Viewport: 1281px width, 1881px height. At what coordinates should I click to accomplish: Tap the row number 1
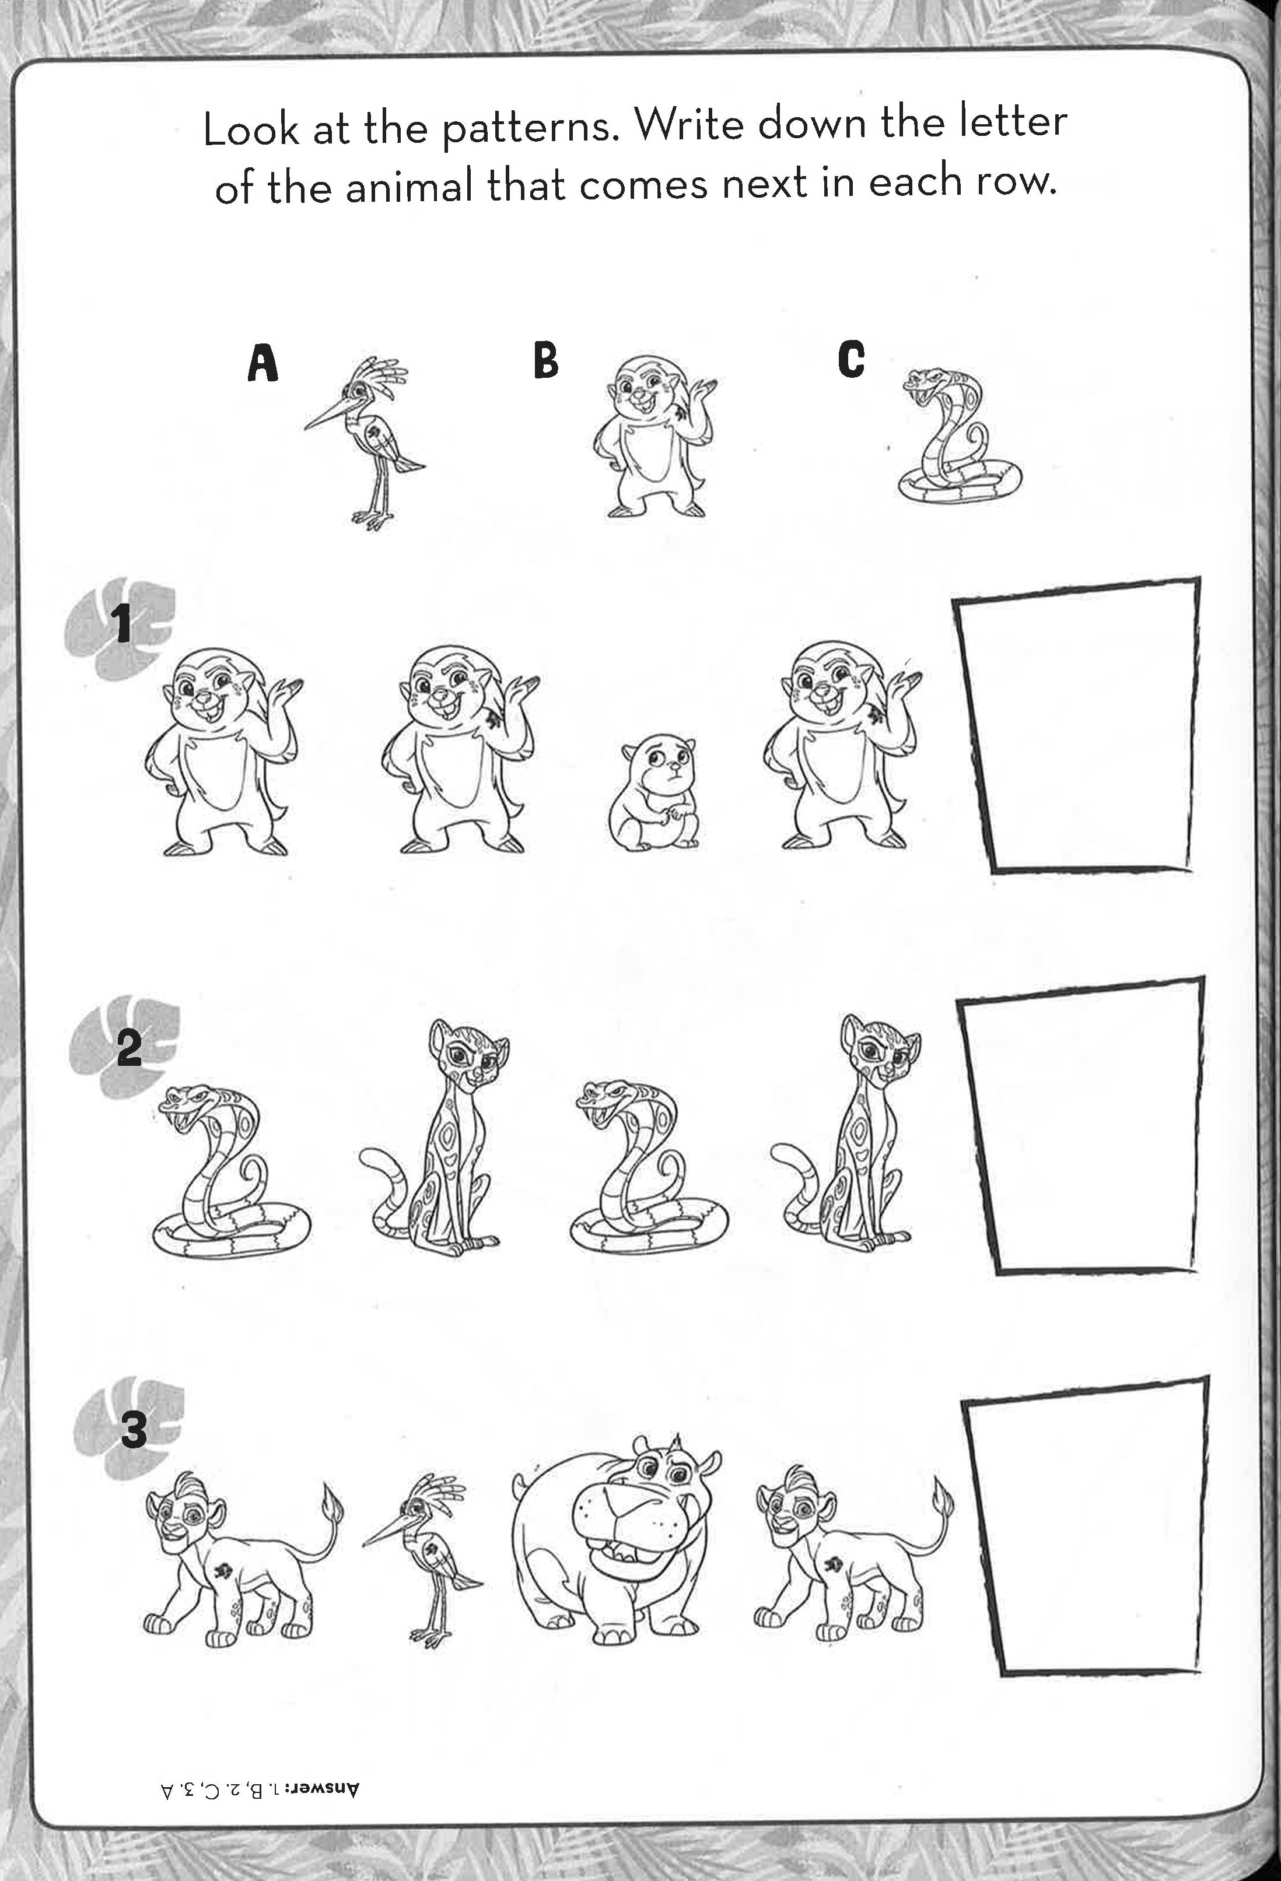pos(123,625)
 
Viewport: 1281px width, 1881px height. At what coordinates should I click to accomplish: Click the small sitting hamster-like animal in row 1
pos(653,792)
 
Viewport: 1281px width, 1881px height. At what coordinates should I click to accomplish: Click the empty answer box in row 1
pos(1075,726)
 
